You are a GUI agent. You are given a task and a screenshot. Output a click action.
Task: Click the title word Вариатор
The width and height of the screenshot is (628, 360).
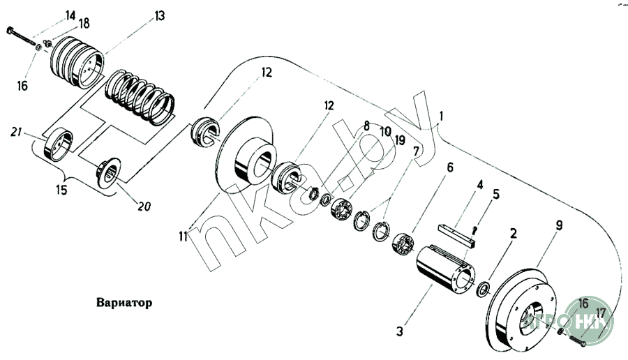(122, 304)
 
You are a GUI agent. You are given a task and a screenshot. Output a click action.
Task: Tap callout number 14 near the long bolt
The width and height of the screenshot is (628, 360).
(70, 15)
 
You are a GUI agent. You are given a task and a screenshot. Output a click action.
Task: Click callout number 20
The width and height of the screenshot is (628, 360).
(145, 207)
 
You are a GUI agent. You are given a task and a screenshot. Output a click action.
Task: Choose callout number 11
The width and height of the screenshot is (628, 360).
(183, 237)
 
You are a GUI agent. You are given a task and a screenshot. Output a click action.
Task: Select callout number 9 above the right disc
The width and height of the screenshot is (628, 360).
(560, 225)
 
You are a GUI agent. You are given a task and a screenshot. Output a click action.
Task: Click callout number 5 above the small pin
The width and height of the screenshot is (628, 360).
(496, 195)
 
